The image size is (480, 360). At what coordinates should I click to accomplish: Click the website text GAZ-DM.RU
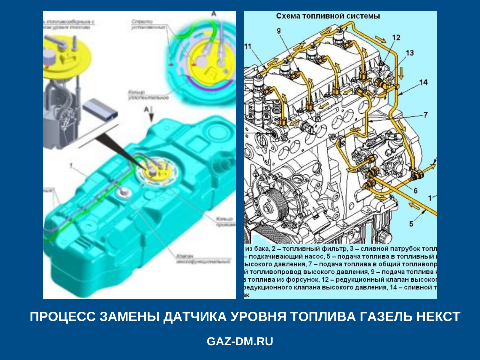coord(240,341)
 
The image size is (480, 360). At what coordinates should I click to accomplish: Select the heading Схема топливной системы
coord(328,16)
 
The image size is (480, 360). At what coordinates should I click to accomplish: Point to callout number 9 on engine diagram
coord(279,31)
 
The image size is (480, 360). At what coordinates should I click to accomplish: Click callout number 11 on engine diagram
coord(247,46)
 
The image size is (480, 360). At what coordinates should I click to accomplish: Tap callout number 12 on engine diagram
coord(396,37)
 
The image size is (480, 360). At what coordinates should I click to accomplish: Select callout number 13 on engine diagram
coord(409,53)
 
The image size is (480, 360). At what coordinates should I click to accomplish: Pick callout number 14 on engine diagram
coord(423,82)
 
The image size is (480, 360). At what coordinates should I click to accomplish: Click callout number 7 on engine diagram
coord(425,115)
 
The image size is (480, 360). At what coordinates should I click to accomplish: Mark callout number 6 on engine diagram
coord(415,190)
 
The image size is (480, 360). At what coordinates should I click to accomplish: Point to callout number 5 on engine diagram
coord(411,223)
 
